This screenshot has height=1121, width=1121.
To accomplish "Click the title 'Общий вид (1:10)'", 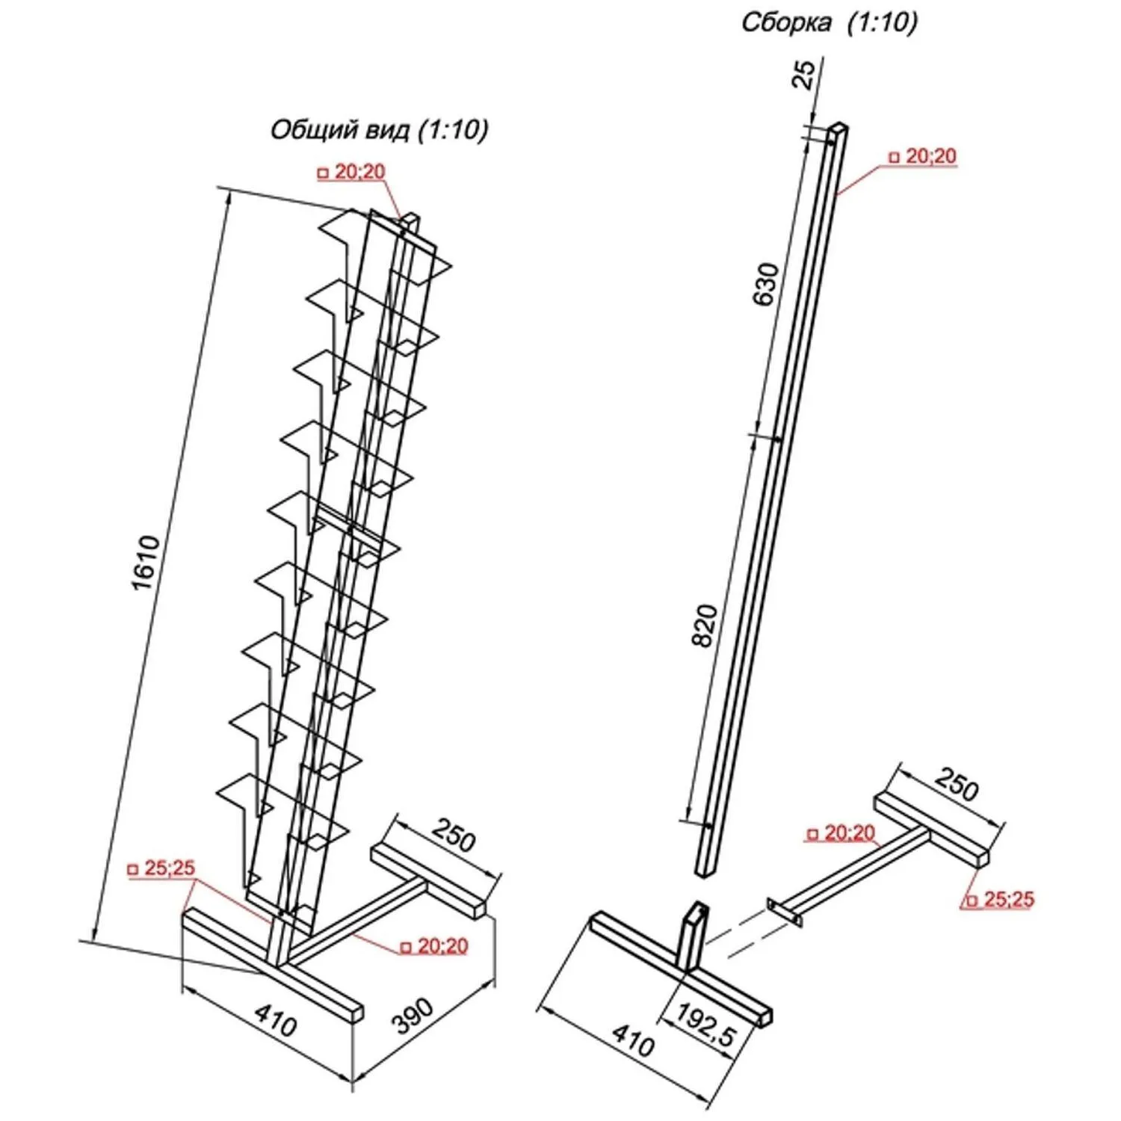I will click(379, 129).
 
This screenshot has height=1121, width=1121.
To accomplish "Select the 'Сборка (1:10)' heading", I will click(829, 22).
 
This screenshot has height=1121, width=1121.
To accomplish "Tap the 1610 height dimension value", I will click(146, 562).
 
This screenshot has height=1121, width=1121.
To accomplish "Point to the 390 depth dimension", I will click(413, 1014).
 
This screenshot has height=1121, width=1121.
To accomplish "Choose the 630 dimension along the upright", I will click(767, 283).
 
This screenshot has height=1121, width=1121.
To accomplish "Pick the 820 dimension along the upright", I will click(705, 626).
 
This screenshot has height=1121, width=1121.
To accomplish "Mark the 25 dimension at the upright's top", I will click(803, 74).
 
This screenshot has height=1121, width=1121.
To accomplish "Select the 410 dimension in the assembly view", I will click(633, 1040).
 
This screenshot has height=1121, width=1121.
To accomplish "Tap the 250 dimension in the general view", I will click(454, 835).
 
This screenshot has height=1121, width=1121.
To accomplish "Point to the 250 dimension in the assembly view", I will click(956, 784).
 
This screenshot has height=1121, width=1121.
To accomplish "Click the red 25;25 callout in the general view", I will click(164, 868).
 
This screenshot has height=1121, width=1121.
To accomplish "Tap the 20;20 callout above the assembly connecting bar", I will click(843, 833).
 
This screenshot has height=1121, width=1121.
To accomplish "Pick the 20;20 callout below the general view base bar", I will click(436, 946).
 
